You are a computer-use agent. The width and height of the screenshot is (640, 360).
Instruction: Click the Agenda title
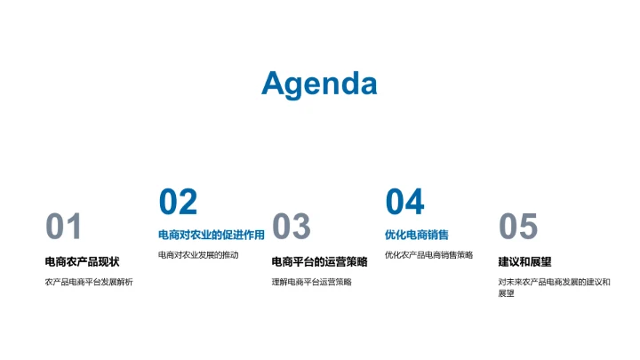click(x=319, y=84)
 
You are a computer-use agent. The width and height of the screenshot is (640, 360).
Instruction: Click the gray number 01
click(x=63, y=228)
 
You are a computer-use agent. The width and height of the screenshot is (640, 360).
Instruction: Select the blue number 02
click(x=178, y=203)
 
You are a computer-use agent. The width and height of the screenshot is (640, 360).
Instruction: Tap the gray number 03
click(x=291, y=228)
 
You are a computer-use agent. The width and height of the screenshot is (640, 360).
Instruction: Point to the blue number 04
click(x=404, y=203)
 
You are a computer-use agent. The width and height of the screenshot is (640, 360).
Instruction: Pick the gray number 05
click(x=518, y=228)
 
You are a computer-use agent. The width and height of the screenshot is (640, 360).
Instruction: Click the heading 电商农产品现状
click(x=82, y=261)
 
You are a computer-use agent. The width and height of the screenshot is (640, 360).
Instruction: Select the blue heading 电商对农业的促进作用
click(x=212, y=236)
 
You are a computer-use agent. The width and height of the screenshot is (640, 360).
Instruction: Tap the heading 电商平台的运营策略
click(x=319, y=261)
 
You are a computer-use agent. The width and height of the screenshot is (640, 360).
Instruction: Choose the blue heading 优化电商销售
click(x=417, y=236)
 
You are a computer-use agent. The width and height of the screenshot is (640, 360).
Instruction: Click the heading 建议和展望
click(x=524, y=261)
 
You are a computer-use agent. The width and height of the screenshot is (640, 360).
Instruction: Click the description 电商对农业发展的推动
click(x=198, y=255)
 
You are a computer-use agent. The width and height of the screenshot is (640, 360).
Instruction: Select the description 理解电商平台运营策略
click(x=311, y=282)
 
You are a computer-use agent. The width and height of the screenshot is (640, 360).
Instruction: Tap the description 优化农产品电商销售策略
click(x=428, y=255)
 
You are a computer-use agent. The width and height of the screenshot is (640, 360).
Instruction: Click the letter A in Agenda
click(x=274, y=84)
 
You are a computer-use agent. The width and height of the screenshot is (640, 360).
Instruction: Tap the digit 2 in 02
click(x=188, y=203)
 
